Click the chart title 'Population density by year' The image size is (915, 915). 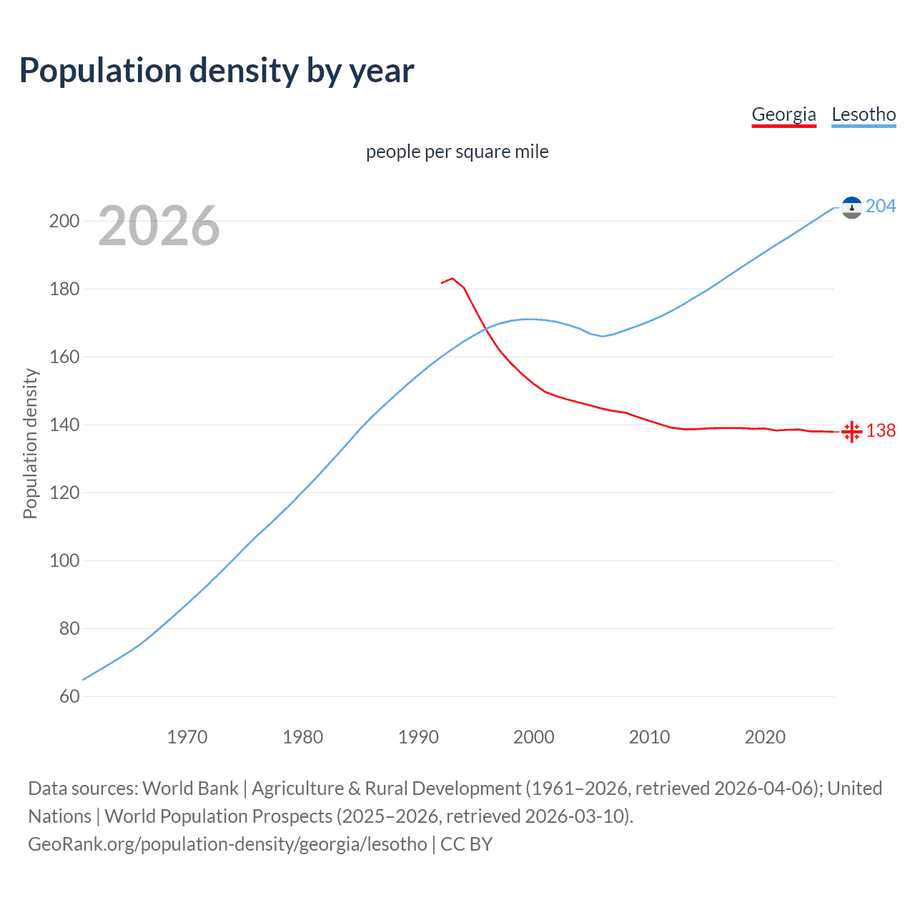tap(217, 71)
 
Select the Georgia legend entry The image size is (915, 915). tap(783, 114)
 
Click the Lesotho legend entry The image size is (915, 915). tap(864, 114)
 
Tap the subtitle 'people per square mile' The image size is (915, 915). tap(457, 152)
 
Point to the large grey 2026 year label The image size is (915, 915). tap(159, 226)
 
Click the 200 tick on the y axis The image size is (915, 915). tap(64, 221)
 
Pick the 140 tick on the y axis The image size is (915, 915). tap(64, 425)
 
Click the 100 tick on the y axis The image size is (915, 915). tap(64, 560)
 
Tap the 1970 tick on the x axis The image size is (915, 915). tap(187, 737)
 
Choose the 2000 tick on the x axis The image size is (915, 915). tap(534, 737)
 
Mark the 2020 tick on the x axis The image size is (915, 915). tap(765, 737)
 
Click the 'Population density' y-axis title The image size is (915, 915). tap(30, 443)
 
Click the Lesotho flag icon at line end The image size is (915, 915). tap(851, 207)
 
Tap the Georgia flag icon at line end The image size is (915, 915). tap(851, 432)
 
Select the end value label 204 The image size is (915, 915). tap(881, 206)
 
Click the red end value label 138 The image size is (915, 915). tap(881, 430)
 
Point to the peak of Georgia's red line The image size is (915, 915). tap(452, 278)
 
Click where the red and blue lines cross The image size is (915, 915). tap(485, 328)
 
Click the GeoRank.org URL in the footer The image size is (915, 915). tap(227, 844)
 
